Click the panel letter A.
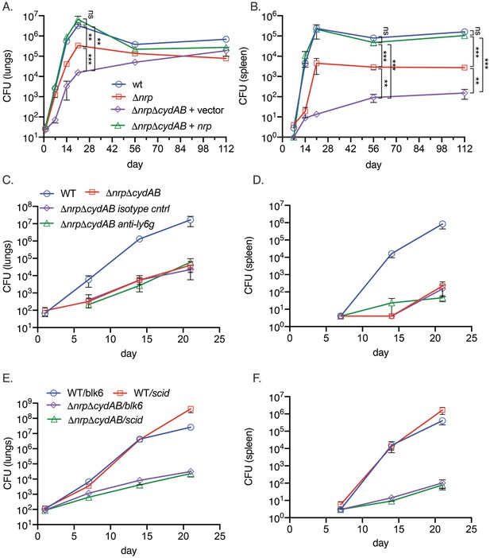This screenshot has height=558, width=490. point(7,6)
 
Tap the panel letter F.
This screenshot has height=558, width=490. point(257,378)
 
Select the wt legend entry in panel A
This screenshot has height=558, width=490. point(129,84)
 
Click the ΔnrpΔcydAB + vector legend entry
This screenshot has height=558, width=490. point(167,110)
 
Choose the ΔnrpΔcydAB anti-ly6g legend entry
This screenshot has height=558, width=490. point(98,224)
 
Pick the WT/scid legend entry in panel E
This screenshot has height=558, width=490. point(142,393)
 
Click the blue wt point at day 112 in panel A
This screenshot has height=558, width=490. point(226,39)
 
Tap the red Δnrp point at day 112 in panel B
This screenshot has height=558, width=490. point(465,68)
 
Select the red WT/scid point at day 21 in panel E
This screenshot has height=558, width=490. point(191,409)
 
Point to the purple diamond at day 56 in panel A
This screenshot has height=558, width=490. point(135,62)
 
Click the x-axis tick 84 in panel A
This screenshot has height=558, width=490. point(180,148)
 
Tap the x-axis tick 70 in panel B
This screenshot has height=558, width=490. point(396,148)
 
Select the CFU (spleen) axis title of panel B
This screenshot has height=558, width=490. point(243,76)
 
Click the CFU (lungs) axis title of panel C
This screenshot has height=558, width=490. point(8,266)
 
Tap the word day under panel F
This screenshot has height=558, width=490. point(380,543)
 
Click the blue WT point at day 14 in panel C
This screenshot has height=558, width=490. point(140,238)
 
